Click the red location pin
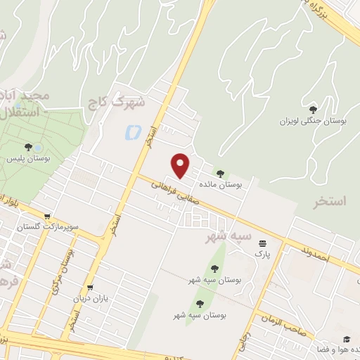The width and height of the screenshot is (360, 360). pyautogui.click(x=181, y=165)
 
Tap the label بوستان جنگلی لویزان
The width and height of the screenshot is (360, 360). pyautogui.click(x=324, y=121)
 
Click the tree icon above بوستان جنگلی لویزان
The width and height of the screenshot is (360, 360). pyautogui.click(x=313, y=109)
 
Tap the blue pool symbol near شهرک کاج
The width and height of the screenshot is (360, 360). pyautogui.click(x=131, y=131)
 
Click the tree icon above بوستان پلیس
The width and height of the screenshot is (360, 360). pyautogui.click(x=28, y=148)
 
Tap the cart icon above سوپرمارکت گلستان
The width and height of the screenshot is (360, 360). pyautogui.click(x=46, y=217)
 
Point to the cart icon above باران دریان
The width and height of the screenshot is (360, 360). pyautogui.click(x=90, y=288)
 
